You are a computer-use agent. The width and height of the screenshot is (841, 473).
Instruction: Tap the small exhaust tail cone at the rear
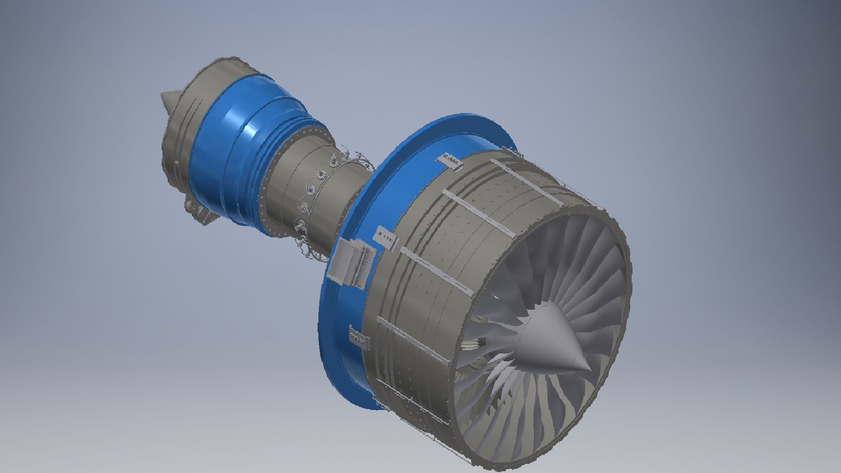(x=168, y=99)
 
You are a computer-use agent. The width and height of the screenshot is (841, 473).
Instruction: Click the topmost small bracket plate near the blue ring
(x=452, y=161)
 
